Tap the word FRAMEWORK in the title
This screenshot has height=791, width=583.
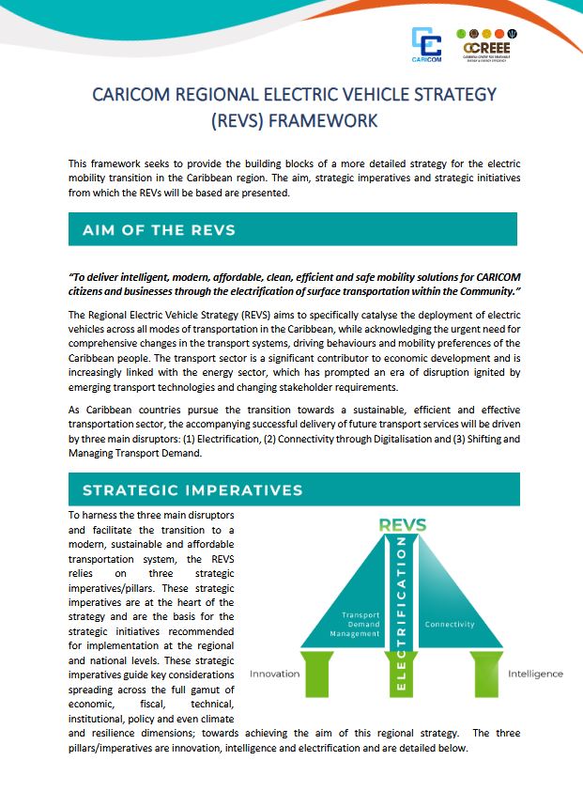[326, 120]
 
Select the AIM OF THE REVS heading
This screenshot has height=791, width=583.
[159, 230]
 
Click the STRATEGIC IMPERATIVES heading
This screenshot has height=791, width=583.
[192, 489]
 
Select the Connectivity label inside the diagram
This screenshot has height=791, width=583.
[450, 625]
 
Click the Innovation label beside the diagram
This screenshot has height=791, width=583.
[275, 674]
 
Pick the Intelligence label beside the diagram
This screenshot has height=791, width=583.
[535, 674]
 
